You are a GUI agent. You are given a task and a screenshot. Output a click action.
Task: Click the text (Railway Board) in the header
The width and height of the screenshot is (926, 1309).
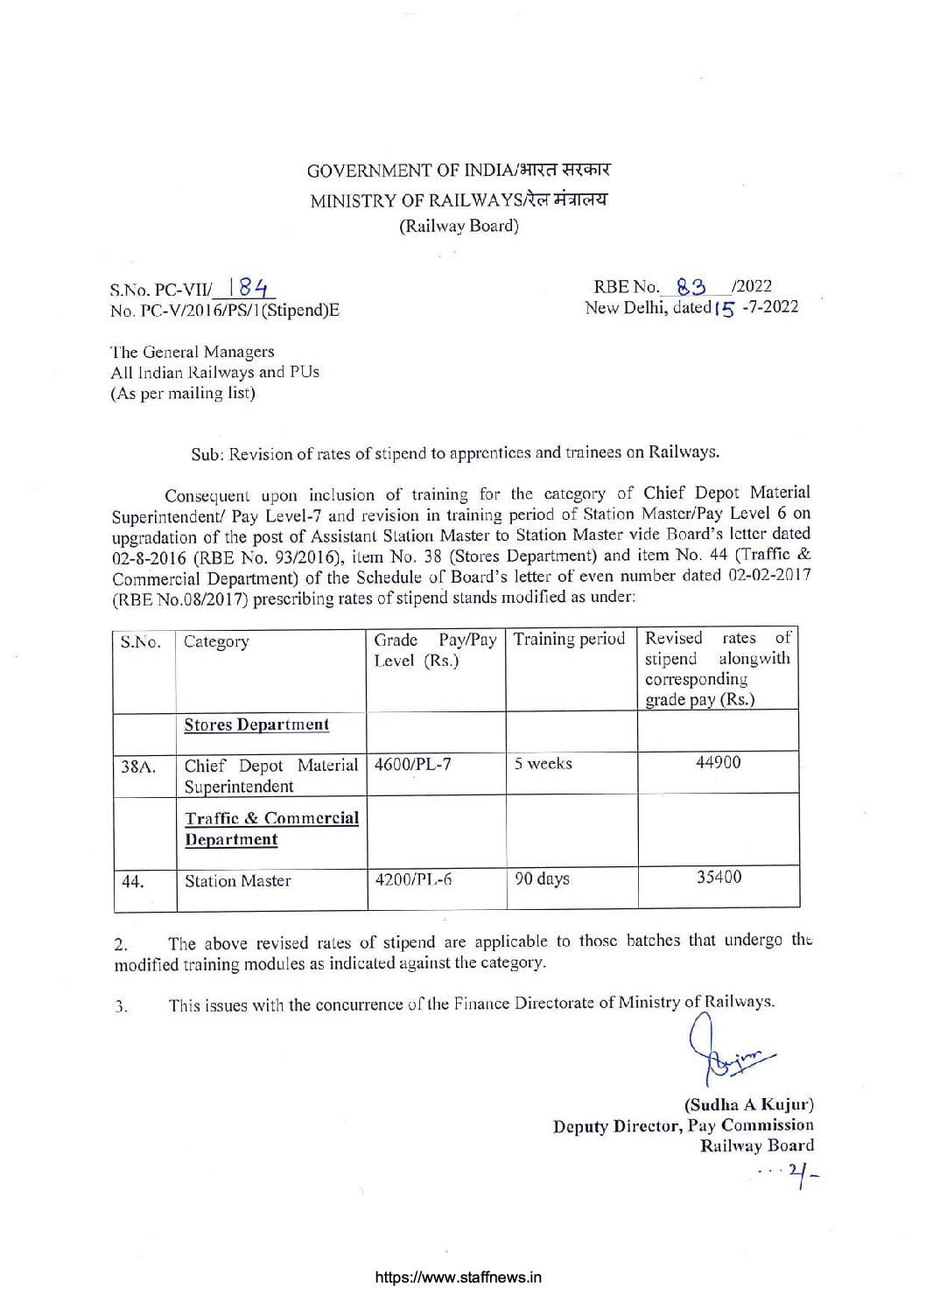[x=459, y=226]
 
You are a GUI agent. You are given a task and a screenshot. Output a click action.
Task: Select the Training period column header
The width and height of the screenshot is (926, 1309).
[x=569, y=639]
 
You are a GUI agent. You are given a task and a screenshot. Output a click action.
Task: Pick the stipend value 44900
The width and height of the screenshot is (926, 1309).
[x=718, y=762]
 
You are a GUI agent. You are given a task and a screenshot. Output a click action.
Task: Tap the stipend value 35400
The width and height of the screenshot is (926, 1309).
[x=719, y=876]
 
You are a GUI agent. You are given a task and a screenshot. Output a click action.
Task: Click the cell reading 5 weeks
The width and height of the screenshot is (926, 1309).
[x=543, y=763]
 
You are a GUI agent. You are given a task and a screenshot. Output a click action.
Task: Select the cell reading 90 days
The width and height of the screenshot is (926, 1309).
[x=542, y=878]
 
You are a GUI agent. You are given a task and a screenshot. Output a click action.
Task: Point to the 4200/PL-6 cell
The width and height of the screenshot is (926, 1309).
[x=413, y=878]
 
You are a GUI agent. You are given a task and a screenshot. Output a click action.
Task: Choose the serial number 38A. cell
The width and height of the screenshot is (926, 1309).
[x=138, y=767]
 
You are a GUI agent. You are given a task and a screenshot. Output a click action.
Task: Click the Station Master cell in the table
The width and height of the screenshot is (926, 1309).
[x=237, y=881]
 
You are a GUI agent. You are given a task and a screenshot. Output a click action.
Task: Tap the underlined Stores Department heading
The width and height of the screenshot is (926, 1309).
[x=256, y=724]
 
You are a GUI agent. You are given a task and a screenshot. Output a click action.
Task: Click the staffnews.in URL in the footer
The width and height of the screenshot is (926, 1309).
[x=459, y=1277]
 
